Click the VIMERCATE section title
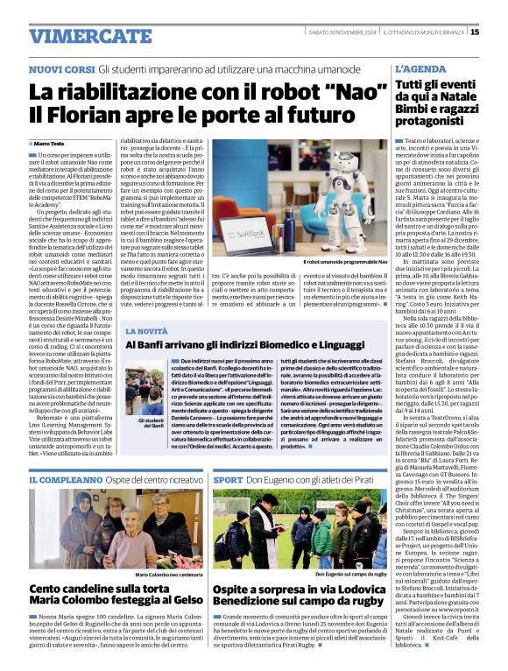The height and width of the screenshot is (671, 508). pos(78,36)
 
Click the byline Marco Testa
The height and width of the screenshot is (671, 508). pos(51,143)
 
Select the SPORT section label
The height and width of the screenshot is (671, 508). pos(228,481)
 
